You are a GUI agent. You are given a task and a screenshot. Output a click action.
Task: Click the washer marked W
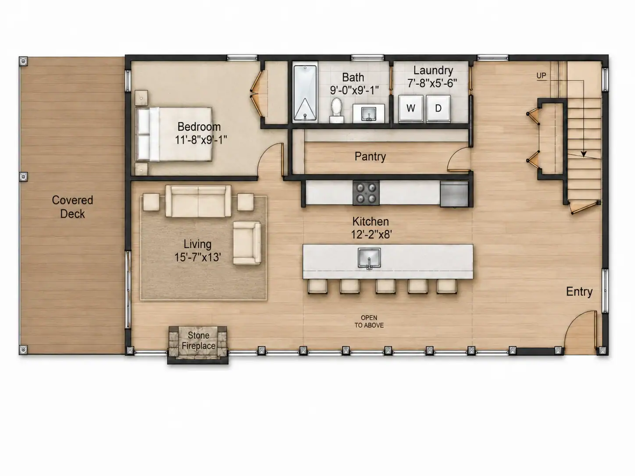coord(411,108)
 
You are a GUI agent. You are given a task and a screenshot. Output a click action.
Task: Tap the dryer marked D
coord(438,108)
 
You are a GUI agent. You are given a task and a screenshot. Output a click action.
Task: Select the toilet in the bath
coord(336,111)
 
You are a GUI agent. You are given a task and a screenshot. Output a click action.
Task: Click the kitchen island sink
coord(369,258)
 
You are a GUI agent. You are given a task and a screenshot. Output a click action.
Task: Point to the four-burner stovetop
coord(366,193)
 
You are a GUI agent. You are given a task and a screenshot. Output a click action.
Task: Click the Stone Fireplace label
coord(199,341)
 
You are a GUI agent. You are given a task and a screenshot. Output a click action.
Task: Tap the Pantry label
coord(370,156)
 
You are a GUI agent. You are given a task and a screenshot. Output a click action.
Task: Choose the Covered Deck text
coord(72,207)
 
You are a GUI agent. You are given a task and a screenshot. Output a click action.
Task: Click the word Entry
coord(579,291)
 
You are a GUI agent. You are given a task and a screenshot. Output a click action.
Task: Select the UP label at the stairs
coord(541,76)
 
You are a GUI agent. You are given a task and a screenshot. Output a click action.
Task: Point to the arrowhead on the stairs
coord(584,154)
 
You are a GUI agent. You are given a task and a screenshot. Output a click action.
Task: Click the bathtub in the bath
coord(305,93)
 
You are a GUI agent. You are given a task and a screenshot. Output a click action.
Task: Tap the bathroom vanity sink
coord(368,114)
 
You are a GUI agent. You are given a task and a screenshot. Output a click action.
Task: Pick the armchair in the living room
coord(247,243)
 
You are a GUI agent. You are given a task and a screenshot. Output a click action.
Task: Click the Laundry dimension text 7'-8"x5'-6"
coord(432,84)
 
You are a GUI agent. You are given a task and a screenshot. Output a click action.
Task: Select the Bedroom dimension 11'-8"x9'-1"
coord(201,140)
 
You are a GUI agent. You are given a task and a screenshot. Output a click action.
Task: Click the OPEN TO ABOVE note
coord(369,321)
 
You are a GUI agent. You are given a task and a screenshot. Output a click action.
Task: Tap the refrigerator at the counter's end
coord(454,194)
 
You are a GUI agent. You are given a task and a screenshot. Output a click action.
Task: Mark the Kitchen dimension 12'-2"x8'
coord(371,234)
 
